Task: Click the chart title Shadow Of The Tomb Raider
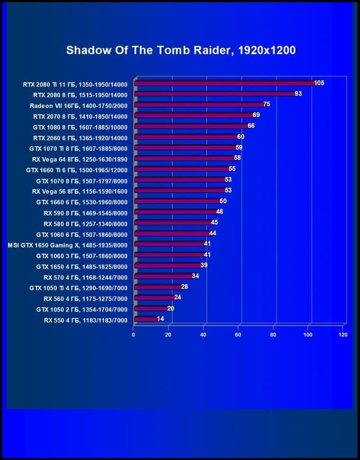tap(180, 50)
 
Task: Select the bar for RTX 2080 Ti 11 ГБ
tap(225, 84)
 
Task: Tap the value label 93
tap(298, 94)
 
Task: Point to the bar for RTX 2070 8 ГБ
tap(194, 115)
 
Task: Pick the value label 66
tap(251, 126)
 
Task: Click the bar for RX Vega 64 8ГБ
tap(185, 158)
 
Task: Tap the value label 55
tap(232, 169)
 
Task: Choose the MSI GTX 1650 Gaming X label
tap(68, 245)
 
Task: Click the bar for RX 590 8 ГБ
tap(176, 212)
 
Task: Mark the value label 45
tap(215, 222)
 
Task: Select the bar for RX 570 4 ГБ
tap(164, 276)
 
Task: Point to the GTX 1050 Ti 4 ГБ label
tap(78, 288)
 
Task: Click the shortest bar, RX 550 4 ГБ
tap(146, 319)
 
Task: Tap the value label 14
tap(161, 319)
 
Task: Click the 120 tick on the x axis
tap(343, 335)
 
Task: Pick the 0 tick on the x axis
tap(134, 335)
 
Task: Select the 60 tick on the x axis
tap(238, 335)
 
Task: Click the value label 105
tap(319, 83)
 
